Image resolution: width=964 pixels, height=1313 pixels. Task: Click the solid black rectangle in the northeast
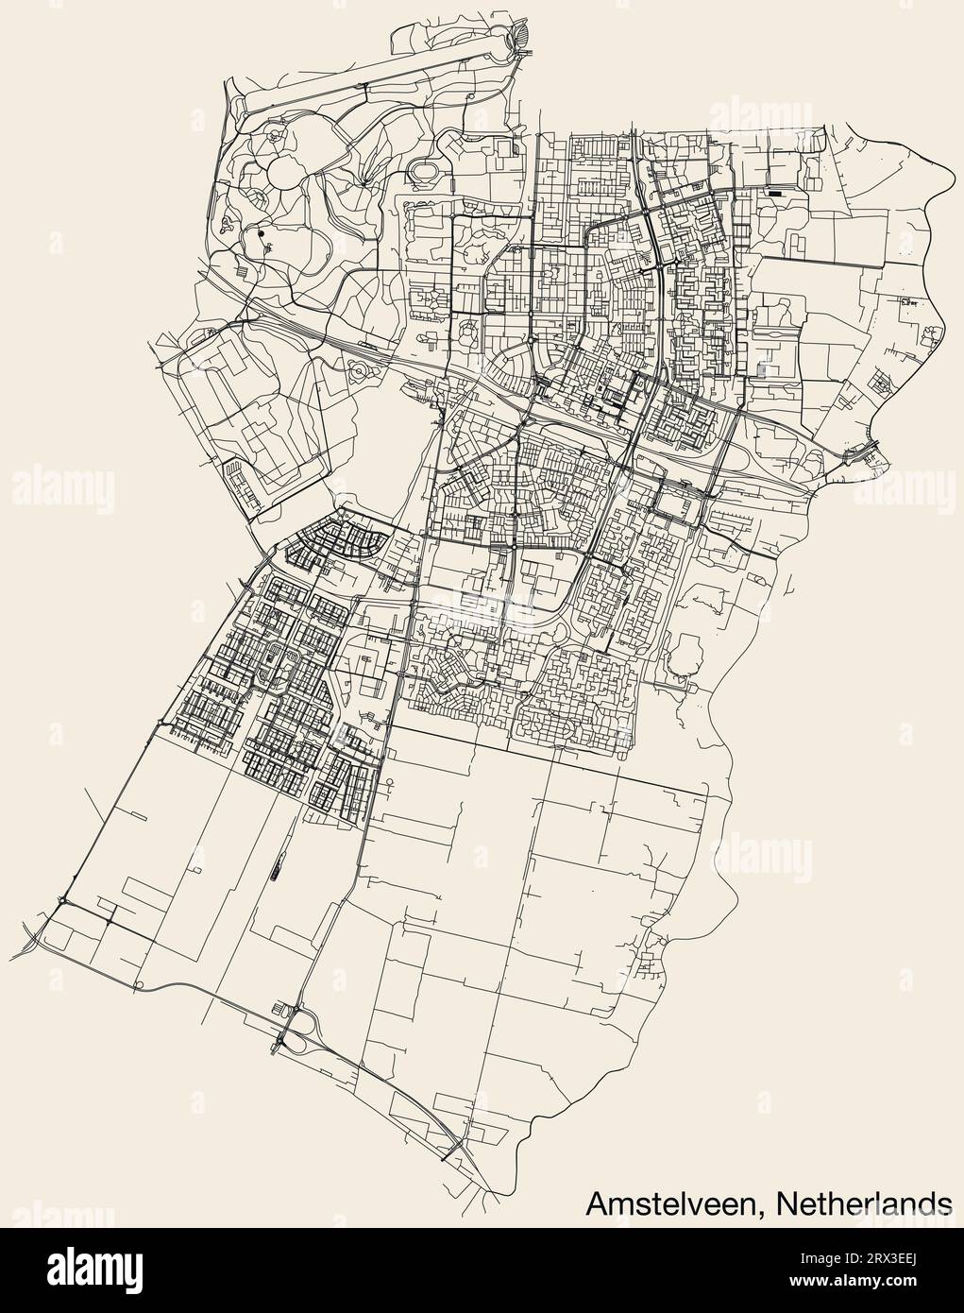pyautogui.click(x=775, y=194)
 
